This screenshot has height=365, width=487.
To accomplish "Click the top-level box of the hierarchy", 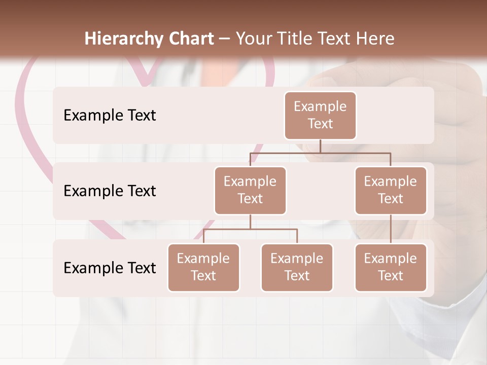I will point(320,116).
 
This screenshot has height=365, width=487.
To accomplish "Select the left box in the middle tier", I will point(250,191).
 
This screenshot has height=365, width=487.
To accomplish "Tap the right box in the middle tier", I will point(391,191).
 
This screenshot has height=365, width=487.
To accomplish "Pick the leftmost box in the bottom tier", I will point(203,268).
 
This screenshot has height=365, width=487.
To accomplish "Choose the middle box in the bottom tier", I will point(297,268).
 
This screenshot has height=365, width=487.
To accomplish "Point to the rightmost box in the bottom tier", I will point(391,268).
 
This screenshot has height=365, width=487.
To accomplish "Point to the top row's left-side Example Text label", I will point(110,116).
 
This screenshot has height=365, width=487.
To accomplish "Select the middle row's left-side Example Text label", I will point(110,191).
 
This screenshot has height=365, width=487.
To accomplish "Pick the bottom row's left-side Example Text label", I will point(110,268).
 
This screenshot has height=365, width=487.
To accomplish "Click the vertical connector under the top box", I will point(320,146).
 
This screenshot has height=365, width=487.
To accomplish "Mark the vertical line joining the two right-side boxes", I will point(391,229).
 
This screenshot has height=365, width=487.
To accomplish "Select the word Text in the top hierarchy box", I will point(320,124).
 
